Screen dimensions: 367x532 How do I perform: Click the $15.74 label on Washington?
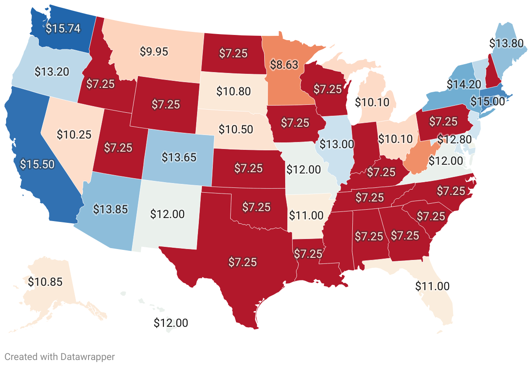(63, 28)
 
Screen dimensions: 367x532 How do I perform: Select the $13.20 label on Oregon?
(51, 72)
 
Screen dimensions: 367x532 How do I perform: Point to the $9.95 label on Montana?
(154, 51)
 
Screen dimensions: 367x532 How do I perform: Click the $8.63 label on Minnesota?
(284, 65)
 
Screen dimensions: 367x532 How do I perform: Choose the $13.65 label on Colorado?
(179, 157)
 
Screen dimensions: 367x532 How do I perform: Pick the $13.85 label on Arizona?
(110, 209)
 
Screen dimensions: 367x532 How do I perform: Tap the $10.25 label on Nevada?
(74, 134)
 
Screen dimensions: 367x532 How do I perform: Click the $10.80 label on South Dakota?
(233, 91)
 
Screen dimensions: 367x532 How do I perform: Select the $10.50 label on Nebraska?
(236, 129)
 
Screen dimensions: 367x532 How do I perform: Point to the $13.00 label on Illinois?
(337, 144)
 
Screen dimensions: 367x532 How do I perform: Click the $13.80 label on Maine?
(506, 43)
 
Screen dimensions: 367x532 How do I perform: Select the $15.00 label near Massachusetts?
(488, 101)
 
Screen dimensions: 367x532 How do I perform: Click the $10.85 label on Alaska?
(45, 282)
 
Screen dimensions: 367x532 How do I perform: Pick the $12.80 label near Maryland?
(454, 140)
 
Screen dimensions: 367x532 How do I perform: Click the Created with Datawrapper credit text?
(60, 357)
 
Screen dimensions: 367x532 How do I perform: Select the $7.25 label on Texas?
(243, 262)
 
